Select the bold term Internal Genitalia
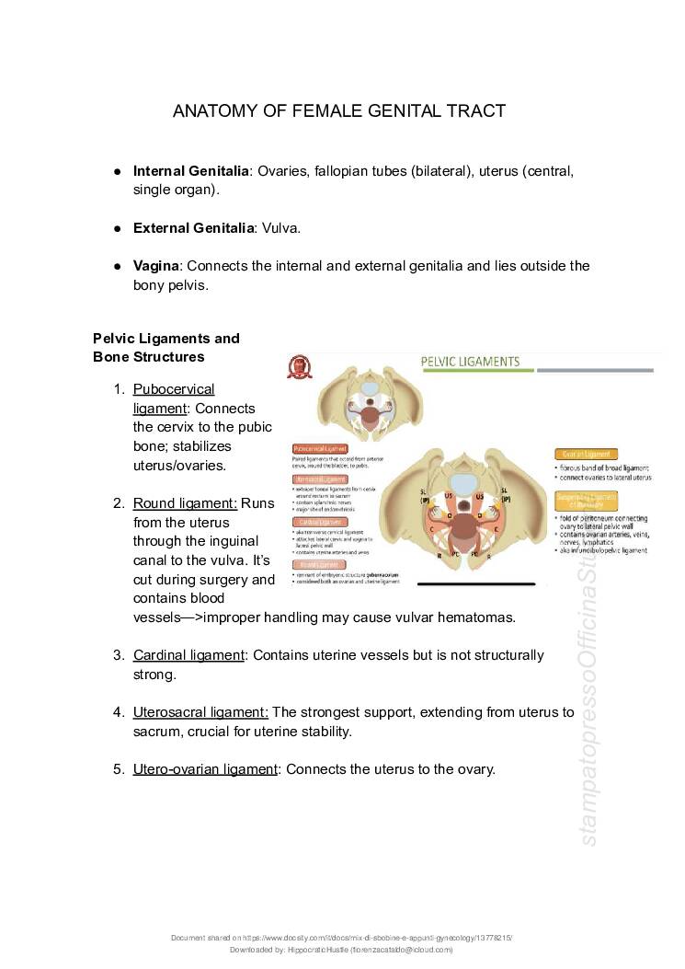click(190, 171)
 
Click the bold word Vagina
click(155, 266)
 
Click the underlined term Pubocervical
click(174, 389)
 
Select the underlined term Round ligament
click(185, 503)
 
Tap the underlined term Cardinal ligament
click(188, 655)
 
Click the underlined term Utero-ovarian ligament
click(205, 769)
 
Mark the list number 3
click(119, 655)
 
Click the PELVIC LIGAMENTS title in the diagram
click(470, 362)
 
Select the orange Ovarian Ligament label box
click(587, 454)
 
